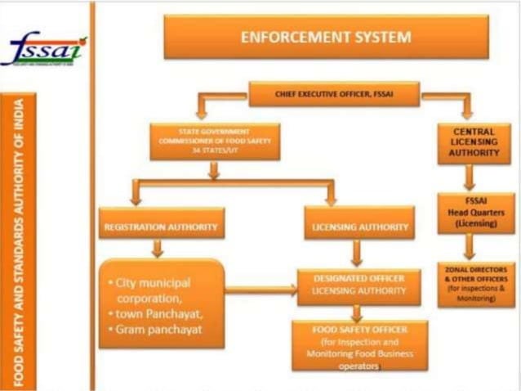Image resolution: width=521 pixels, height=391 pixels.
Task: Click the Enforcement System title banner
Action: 325,38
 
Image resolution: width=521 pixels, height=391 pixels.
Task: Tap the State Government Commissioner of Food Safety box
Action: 214,142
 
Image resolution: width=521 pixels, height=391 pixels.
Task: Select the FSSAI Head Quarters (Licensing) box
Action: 475,213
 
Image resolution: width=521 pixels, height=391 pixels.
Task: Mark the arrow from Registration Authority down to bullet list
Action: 158,248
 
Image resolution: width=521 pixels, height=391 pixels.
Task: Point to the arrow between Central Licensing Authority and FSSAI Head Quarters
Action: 470,178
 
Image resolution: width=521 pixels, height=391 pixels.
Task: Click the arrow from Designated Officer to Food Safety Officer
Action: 356,312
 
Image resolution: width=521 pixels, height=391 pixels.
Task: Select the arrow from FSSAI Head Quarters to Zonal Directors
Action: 470,247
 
